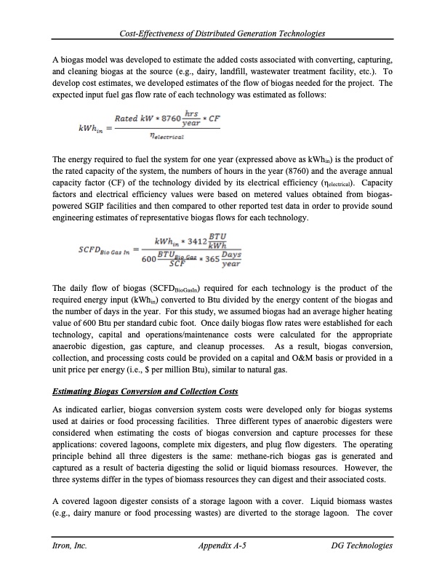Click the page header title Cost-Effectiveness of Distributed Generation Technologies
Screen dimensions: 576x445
coord(222,34)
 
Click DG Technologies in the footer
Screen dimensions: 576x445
coord(361,545)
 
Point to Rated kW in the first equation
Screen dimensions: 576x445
coord(132,117)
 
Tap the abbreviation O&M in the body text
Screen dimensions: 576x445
coord(291,358)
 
